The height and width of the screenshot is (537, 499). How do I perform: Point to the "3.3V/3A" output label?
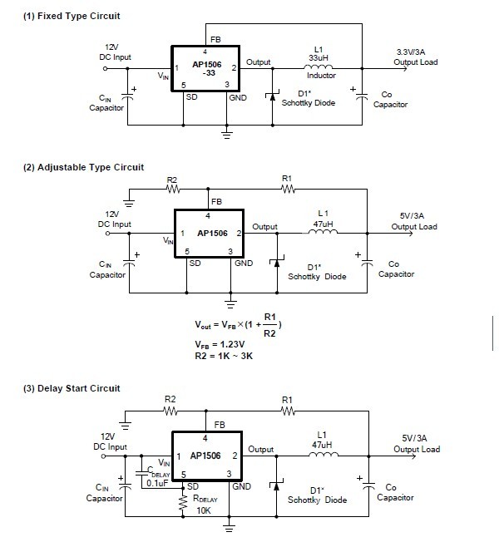[417, 52]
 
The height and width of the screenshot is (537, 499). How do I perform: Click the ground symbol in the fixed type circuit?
[226, 131]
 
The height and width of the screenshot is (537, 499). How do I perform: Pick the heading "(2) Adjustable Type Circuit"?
[83, 167]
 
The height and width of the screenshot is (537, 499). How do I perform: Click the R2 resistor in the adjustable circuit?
[172, 189]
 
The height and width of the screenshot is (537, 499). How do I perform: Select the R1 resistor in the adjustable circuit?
[288, 189]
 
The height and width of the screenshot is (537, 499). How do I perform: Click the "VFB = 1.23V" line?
[220, 344]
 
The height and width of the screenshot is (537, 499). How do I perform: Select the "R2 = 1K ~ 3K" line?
[224, 356]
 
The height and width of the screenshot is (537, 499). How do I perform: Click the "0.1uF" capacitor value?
[156, 482]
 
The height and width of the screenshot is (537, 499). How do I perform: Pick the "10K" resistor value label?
[203, 510]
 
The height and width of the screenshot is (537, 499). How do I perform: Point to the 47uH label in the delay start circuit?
[322, 445]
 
